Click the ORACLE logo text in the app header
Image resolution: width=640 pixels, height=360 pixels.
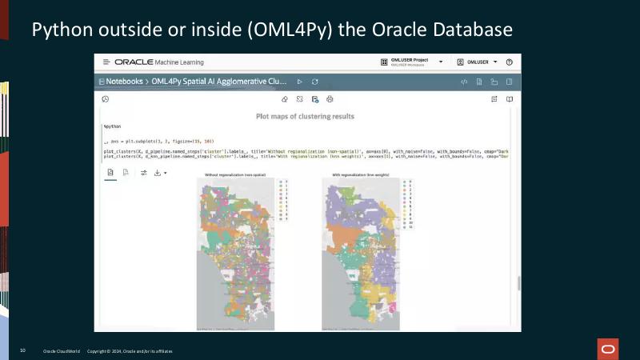(139, 62)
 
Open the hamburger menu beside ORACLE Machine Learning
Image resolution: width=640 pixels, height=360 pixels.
(106, 62)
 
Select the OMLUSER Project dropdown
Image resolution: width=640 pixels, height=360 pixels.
(411, 62)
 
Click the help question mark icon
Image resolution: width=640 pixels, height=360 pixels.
(509, 62)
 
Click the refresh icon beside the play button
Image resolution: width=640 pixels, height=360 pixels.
(315, 82)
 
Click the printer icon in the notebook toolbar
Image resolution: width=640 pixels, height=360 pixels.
(330, 99)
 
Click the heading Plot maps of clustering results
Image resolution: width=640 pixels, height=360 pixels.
(305, 116)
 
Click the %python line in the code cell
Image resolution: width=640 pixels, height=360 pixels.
(112, 126)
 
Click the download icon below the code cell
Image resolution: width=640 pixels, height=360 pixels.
(158, 172)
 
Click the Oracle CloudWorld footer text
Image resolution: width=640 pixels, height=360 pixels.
(61, 351)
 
